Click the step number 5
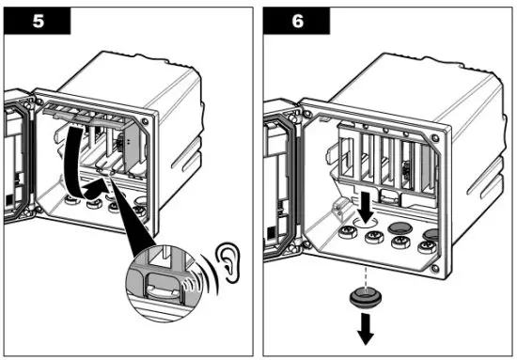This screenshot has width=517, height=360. (x=38, y=22)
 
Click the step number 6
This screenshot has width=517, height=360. (x=297, y=22)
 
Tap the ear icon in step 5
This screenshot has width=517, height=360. (x=227, y=263)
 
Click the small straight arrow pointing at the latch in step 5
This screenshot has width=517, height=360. (x=96, y=187)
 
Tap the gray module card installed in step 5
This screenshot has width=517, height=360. (x=132, y=144)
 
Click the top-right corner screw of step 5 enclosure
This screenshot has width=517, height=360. (x=145, y=121)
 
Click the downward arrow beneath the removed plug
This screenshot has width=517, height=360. (x=366, y=328)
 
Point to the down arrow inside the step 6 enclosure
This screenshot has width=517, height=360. (x=366, y=208)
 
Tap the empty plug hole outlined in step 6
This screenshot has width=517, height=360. (x=365, y=222)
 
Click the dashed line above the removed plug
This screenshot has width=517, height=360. (x=365, y=276)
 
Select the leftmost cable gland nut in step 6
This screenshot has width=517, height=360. (x=348, y=233)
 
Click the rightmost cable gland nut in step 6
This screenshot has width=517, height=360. (x=428, y=247)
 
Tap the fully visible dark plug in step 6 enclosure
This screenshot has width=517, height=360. (x=400, y=227)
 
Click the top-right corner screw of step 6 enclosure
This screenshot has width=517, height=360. (x=435, y=138)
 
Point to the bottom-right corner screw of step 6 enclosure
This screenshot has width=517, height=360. (x=435, y=268)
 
